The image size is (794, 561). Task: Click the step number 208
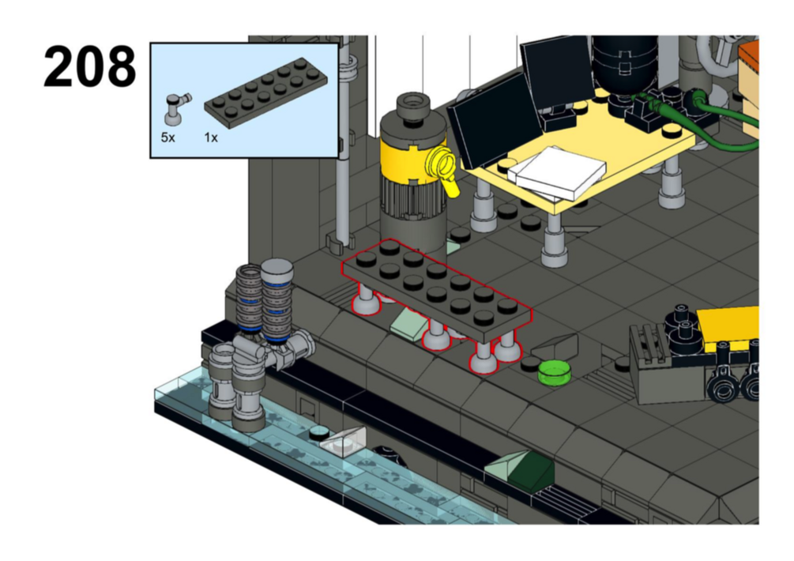coord(89,66)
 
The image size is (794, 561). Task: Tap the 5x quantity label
coord(167,137)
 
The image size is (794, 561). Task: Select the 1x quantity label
coord(211,137)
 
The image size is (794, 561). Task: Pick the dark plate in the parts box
coord(265,91)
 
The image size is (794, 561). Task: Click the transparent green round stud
coord(555,372)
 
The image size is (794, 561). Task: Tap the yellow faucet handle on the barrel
coord(444,171)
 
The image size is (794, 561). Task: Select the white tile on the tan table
coord(557,173)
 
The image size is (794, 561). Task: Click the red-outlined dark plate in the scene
coord(436,291)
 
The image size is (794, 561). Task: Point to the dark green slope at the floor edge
coord(532,472)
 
